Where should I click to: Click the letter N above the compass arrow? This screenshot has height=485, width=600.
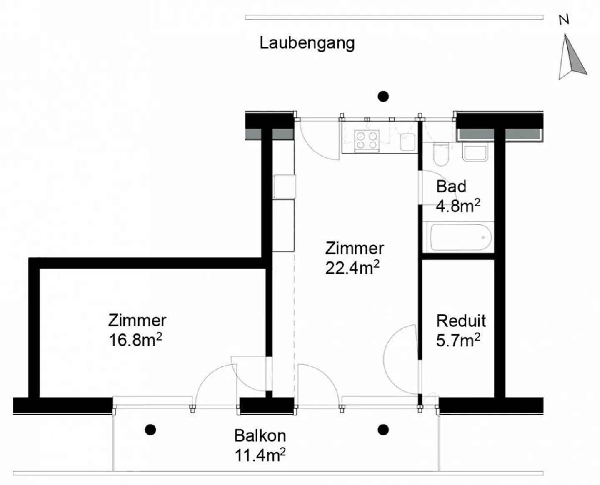(564, 20)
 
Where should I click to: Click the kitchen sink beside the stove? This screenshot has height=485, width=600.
(407, 142)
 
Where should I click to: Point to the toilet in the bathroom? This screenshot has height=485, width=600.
(441, 154)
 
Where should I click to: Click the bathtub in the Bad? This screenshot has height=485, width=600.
(461, 237)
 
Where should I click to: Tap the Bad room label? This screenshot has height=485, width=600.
(451, 187)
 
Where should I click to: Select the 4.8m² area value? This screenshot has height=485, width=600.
(458, 206)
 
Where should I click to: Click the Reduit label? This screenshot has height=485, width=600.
(461, 321)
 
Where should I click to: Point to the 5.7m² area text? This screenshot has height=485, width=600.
(458, 340)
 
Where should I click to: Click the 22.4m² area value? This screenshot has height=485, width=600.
(352, 267)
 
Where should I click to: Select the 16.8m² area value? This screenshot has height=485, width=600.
(135, 340)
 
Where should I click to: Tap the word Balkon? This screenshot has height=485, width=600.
(260, 436)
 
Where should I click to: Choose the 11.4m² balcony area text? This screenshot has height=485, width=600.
(260, 455)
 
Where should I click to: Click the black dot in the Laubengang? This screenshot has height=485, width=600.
(383, 97)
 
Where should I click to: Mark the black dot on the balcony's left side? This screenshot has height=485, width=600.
(150, 430)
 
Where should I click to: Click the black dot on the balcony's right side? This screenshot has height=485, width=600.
(383, 430)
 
